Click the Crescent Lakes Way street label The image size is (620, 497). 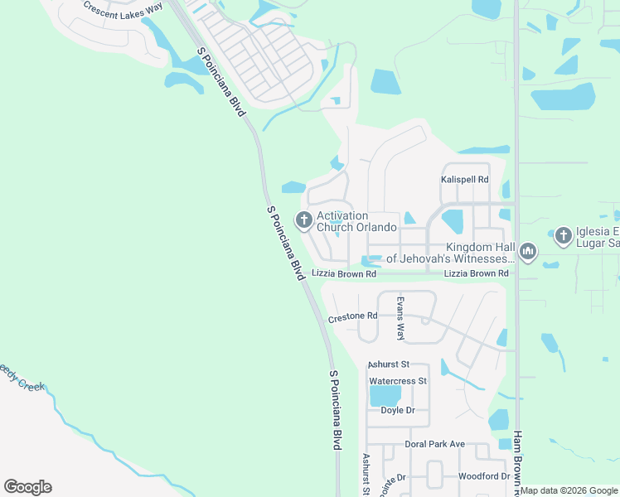[x=122, y=9]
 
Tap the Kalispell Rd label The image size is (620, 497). [x=464, y=179]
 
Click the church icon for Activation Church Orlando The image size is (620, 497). [x=303, y=220]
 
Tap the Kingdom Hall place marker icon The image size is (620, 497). [x=528, y=251]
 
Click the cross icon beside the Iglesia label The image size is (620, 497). [x=563, y=236]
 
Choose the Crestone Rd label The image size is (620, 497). [x=352, y=316]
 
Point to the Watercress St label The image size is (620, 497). [x=397, y=381]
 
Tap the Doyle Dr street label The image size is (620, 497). [x=397, y=410]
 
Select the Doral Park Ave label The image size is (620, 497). [x=435, y=444]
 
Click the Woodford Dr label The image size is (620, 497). [x=483, y=476]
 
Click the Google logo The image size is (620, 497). [x=27, y=486]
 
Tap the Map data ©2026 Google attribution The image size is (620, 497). [x=569, y=490]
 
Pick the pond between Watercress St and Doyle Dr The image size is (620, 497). [x=385, y=395]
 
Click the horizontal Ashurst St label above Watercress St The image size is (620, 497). [x=389, y=364]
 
